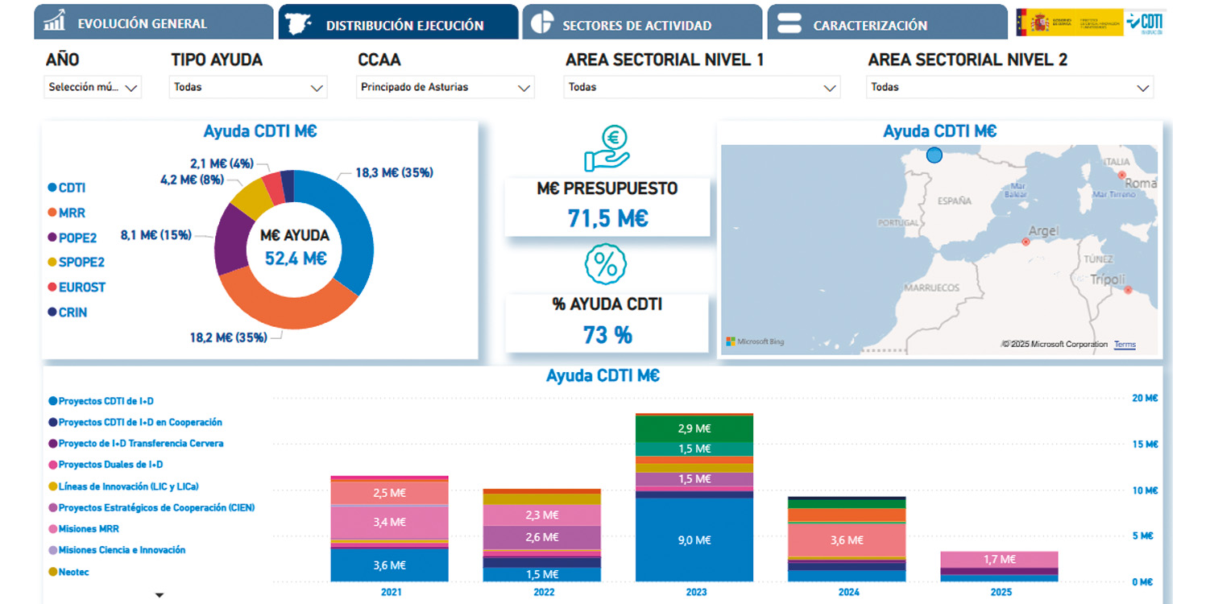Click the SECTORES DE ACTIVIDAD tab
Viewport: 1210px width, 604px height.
636,25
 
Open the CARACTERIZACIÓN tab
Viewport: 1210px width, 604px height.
870,25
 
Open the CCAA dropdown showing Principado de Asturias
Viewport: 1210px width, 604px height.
445,87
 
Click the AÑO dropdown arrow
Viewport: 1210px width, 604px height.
131,88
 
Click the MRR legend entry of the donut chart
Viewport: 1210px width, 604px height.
71,213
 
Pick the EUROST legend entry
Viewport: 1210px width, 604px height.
81,287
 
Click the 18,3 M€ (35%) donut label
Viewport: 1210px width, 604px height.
394,172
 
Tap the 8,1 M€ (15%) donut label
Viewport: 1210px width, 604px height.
156,235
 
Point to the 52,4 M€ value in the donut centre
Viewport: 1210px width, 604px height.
296,259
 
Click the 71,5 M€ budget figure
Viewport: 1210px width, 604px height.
607,218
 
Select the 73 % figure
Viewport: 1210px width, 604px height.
607,335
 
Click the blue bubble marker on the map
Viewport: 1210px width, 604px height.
934,155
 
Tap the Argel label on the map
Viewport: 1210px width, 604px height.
1043,231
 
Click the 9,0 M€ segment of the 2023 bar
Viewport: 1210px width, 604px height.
694,540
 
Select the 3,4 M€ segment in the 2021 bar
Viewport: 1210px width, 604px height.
389,522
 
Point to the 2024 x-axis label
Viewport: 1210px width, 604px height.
847,593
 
